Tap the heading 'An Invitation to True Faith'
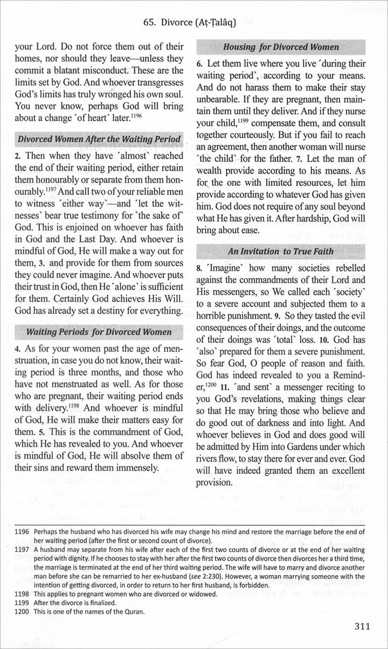288,251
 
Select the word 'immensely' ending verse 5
136,467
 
